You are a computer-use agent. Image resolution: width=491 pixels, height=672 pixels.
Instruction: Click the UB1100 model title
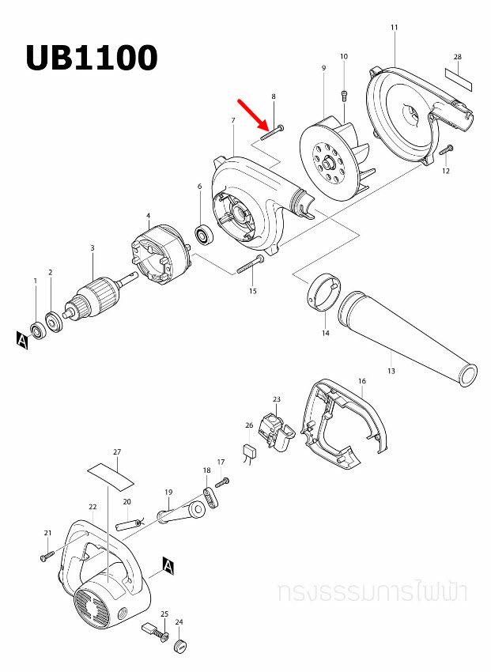tap(91, 58)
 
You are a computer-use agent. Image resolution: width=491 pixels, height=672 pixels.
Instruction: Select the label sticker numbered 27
tap(111, 474)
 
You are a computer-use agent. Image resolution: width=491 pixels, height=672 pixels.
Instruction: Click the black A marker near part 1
tap(21, 340)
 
